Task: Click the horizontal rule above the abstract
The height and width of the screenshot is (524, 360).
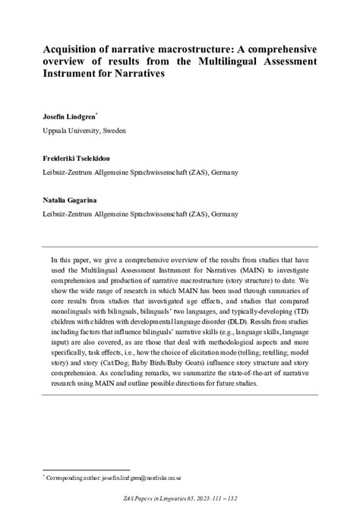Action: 179,247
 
